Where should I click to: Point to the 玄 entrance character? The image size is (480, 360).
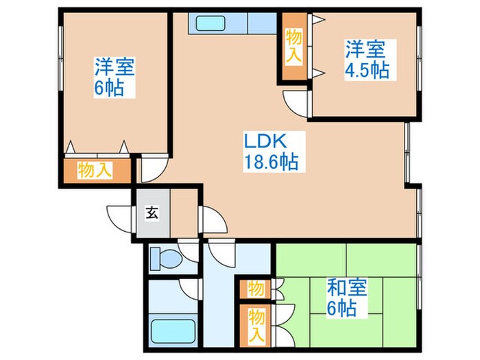coord(151,213)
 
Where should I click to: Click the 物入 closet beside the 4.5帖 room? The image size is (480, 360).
coord(293,46)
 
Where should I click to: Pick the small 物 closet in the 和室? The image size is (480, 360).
coord(255,287)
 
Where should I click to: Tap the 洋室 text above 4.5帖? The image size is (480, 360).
coord(365,50)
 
